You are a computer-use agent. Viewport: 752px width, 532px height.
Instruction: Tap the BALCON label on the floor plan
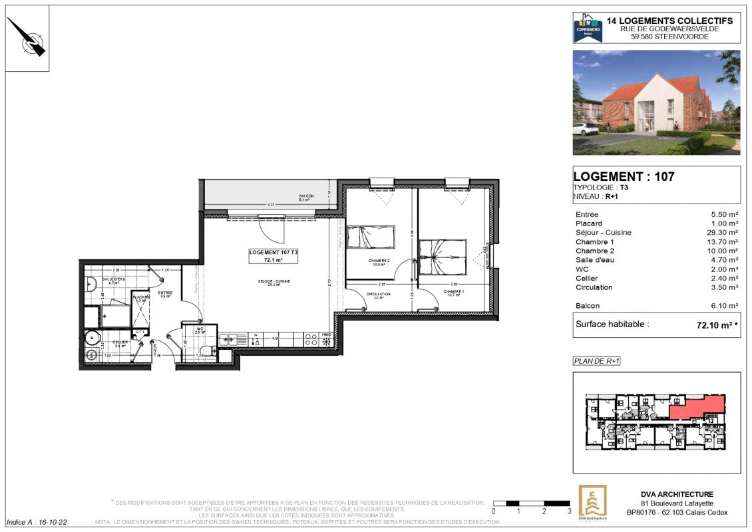(306, 196)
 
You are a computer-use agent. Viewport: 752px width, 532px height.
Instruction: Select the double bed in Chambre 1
(441, 257)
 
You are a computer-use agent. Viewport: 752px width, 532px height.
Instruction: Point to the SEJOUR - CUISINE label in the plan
(274, 281)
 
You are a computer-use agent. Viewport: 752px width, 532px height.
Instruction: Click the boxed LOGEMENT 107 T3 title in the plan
(274, 256)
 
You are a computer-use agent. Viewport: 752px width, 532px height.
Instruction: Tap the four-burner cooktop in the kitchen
(310, 339)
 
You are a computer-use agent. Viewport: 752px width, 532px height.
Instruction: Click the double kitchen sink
(233, 339)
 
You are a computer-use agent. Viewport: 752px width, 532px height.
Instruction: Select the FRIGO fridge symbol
(326, 340)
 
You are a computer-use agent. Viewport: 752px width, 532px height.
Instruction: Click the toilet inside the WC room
(206, 350)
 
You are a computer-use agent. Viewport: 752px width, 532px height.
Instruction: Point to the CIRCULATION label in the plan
(377, 294)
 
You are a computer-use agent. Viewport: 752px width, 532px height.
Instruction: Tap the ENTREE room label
(165, 293)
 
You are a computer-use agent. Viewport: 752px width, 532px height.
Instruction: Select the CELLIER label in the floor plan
(120, 342)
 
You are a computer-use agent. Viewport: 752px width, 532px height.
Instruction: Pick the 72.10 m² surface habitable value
(718, 325)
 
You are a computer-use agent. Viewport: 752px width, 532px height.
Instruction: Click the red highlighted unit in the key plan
(695, 406)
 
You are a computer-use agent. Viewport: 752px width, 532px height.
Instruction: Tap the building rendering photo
(656, 102)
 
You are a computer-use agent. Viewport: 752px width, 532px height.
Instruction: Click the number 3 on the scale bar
(569, 511)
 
